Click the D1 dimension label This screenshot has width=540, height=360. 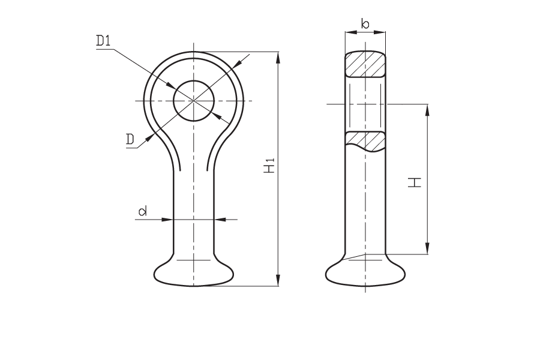tap(103, 41)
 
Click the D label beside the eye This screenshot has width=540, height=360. tap(130, 139)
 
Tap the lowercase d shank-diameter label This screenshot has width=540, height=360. tap(143, 211)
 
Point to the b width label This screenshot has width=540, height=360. tap(365, 24)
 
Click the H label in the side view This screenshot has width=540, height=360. tap(415, 182)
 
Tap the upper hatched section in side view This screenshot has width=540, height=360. tap(365, 64)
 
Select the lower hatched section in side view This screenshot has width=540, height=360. tap(365, 141)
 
